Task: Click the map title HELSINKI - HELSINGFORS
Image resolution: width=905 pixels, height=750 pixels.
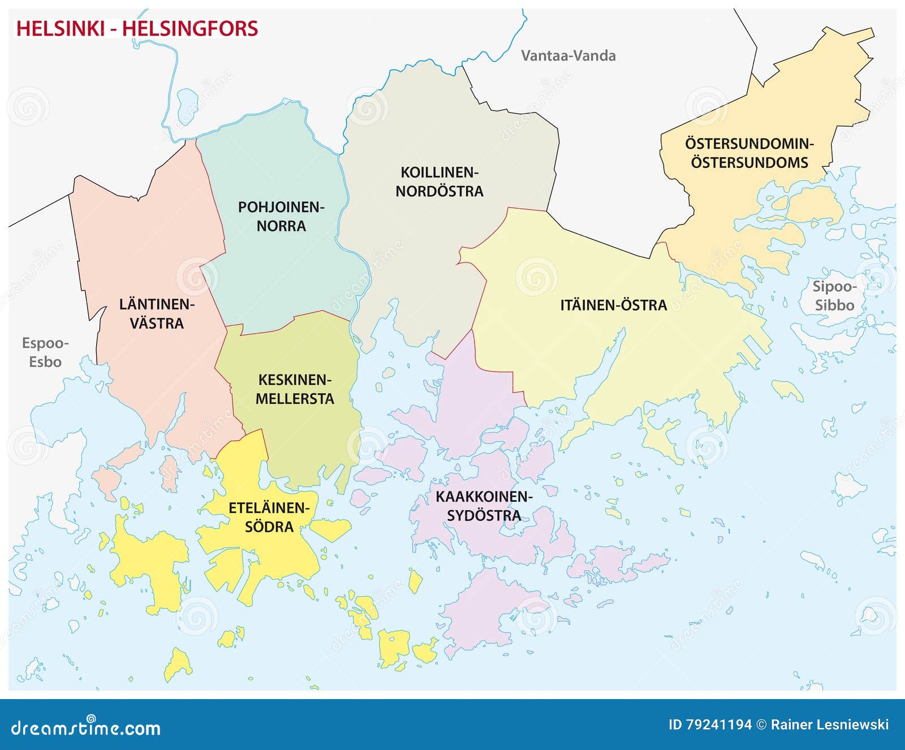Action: (137, 28)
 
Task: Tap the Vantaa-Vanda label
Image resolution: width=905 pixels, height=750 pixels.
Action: (568, 55)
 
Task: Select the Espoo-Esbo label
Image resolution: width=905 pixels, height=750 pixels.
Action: (45, 352)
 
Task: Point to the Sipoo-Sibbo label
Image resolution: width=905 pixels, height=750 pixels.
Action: (834, 296)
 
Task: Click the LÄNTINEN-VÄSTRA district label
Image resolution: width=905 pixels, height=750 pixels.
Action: (157, 314)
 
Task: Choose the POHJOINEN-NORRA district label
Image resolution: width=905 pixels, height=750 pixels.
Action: (281, 217)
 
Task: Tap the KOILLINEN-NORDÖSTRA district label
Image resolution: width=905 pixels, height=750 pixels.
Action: (439, 182)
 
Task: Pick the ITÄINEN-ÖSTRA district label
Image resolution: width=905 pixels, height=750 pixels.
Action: (614, 305)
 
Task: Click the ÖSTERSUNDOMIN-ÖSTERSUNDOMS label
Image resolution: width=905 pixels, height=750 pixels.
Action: (749, 153)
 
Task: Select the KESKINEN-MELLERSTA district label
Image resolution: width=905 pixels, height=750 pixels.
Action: (295, 389)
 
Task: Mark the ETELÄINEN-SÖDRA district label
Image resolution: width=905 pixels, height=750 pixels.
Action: (269, 518)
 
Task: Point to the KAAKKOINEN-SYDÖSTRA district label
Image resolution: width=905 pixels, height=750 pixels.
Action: (484, 506)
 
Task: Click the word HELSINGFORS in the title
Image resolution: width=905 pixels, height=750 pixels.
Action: (190, 28)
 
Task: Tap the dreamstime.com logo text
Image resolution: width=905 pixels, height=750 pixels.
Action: (86, 728)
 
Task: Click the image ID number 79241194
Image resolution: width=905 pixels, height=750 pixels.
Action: (718, 725)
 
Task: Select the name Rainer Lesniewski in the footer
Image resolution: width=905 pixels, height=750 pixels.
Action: (830, 725)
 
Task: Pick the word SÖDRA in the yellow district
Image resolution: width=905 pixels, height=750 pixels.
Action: (269, 527)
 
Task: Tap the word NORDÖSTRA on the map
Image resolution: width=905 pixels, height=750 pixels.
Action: (439, 191)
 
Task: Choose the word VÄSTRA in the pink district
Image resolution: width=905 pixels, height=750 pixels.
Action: (157, 324)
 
